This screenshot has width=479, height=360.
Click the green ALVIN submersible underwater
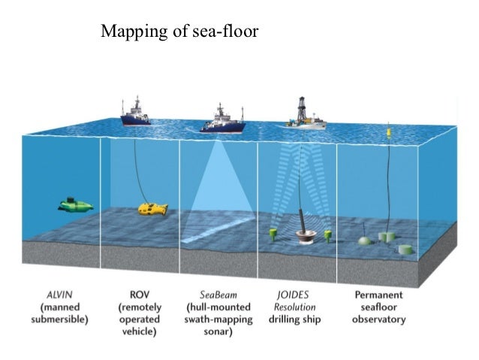click(x=75, y=204)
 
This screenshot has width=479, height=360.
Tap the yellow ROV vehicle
click(x=152, y=208)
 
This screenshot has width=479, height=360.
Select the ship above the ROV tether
click(x=135, y=113)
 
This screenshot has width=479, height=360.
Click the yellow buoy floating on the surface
click(x=389, y=133)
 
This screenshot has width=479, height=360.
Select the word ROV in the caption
click(x=140, y=295)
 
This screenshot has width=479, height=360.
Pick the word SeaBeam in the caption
click(x=218, y=295)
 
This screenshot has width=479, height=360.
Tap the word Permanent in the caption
click(x=378, y=295)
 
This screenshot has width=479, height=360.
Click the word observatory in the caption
click(x=378, y=319)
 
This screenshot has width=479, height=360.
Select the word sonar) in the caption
click(x=218, y=331)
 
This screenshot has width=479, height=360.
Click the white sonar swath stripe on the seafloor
click(x=218, y=229)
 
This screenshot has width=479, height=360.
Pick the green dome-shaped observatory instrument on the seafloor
click(x=364, y=241)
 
